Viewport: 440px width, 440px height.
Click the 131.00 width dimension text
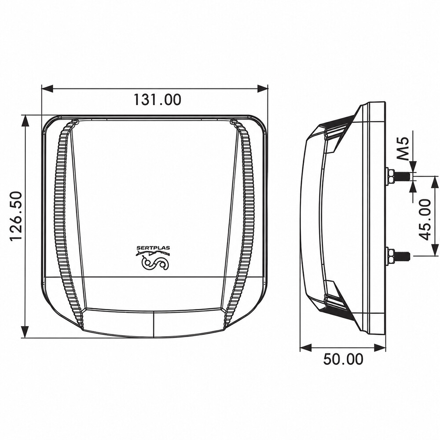click(x=157, y=99)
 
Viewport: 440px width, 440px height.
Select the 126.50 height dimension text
click(x=16, y=216)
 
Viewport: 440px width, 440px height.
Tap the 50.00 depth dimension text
click(x=343, y=359)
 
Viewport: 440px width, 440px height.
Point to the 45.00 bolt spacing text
click(x=425, y=220)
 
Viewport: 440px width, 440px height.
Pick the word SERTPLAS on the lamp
click(x=153, y=248)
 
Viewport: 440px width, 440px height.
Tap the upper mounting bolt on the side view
click(x=399, y=176)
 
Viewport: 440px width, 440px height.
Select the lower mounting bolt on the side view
click(x=399, y=256)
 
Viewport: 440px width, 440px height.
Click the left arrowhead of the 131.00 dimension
click(x=47, y=89)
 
